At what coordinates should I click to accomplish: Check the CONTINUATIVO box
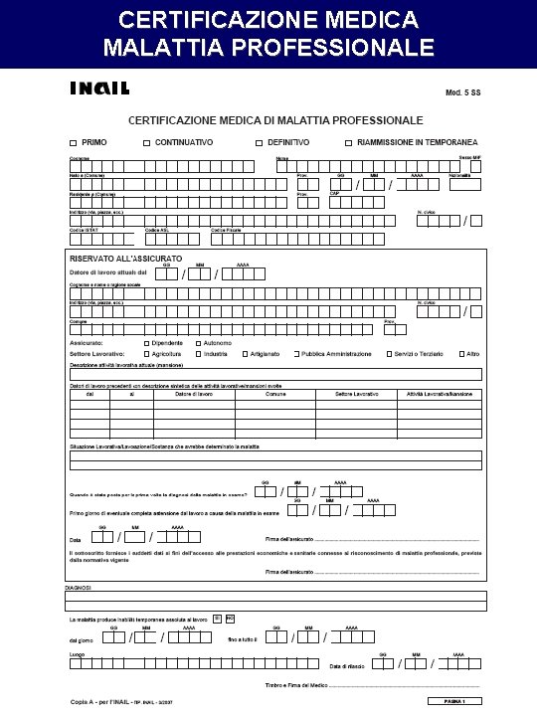(146, 142)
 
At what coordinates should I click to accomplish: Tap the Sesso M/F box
(475, 167)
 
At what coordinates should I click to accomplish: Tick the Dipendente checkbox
(145, 342)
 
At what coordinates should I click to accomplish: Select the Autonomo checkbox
(198, 342)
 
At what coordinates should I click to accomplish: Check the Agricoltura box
(145, 354)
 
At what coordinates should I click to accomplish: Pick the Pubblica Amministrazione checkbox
(296, 354)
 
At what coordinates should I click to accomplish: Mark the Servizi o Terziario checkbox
(388, 354)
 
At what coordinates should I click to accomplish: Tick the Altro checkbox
(461, 354)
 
